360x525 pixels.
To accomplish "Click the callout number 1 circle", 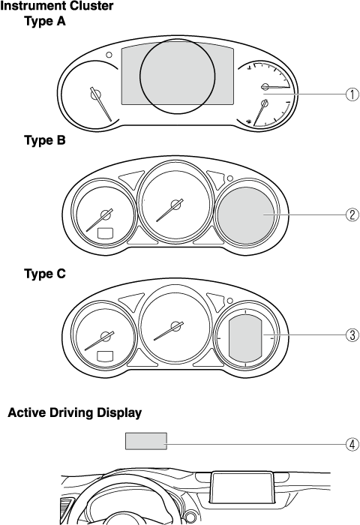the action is [352, 94].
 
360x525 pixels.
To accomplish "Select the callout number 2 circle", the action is [352, 214].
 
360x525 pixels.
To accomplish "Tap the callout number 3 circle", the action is [352, 334].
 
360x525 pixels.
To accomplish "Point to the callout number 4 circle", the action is [352, 445].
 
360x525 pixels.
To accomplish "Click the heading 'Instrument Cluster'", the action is [57, 6].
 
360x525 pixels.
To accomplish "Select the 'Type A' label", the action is [45, 21].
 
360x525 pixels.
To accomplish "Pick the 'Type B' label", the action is [45, 140].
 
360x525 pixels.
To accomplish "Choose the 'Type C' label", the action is [45, 274].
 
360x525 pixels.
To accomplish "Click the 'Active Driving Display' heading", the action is [75, 412].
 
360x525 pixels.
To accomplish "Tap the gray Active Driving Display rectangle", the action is [146, 441].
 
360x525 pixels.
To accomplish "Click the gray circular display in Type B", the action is [246, 215].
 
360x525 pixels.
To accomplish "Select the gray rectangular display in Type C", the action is [246, 339].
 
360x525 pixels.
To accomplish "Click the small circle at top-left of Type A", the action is [109, 55].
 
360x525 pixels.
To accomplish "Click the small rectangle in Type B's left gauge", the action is [105, 233].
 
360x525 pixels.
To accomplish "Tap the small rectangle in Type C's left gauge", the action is [105, 356].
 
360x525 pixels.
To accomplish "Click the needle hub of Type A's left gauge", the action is [95, 94].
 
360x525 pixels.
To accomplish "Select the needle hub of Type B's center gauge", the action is [175, 204].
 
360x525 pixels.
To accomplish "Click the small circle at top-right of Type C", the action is [230, 301].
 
